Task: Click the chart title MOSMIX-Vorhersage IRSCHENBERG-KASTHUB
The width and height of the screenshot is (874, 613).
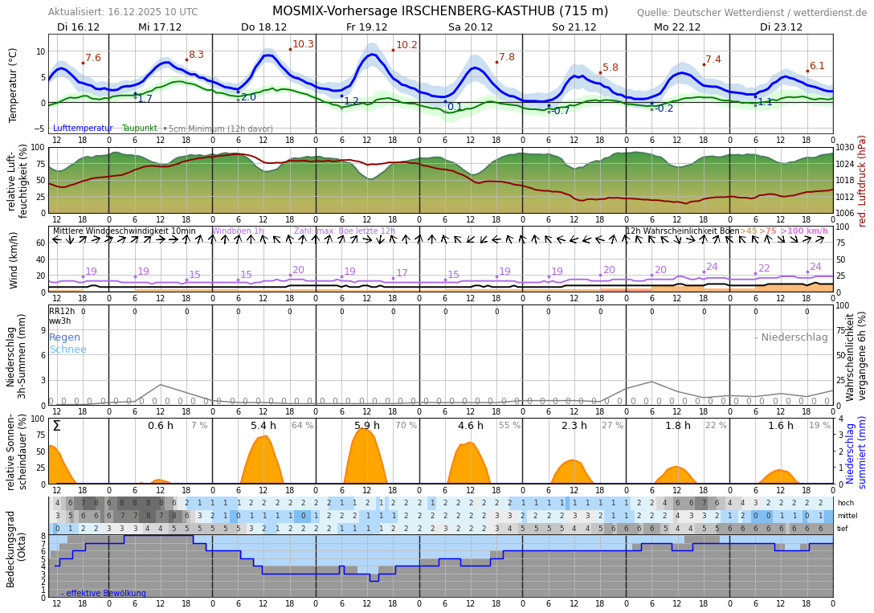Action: coord(439,11)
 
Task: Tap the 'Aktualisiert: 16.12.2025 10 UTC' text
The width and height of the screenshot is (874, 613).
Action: coord(123,12)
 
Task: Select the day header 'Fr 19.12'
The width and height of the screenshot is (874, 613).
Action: coord(366,27)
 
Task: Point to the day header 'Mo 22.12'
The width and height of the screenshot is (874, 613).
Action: coord(677,27)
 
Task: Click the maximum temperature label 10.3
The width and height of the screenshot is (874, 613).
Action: coord(303,45)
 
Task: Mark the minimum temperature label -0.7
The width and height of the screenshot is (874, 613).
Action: coord(561,111)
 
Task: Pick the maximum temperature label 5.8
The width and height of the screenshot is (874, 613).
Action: coord(611,68)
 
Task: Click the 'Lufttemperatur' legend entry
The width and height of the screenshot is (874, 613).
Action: coord(83,129)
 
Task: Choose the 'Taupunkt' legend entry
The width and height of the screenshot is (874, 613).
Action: coord(140,129)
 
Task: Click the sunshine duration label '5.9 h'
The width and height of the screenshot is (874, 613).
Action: coord(367,426)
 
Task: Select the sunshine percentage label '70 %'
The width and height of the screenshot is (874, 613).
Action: coord(406,426)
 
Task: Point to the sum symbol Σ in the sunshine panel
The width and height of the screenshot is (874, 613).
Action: coord(56,426)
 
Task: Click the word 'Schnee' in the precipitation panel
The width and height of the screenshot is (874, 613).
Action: coord(67,349)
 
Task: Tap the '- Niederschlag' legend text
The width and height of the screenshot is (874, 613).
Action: coord(790,337)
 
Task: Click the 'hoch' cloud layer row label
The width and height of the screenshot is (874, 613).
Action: coord(845,503)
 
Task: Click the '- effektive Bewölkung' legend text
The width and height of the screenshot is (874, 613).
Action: coord(104,594)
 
